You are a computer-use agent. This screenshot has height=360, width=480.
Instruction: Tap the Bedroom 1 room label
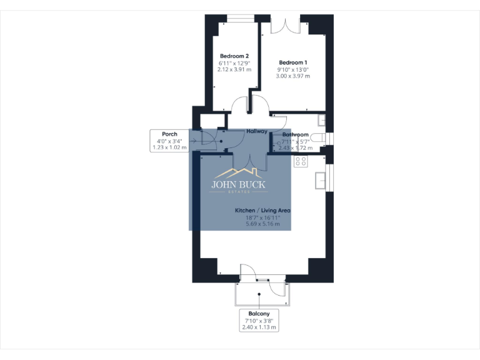293,62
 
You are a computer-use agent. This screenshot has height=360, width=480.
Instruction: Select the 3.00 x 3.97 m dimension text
293,76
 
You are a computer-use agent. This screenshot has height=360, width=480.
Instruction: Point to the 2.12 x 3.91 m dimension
234,70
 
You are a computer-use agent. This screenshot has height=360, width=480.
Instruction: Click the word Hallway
257,131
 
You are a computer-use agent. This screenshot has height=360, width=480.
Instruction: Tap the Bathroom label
295,134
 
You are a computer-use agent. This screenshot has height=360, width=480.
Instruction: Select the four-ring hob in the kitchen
300,161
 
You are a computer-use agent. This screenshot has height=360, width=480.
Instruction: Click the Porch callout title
169,134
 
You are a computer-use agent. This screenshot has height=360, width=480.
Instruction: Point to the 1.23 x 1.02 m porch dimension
169,148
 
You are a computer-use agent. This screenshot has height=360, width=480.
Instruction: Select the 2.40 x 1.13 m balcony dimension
259,327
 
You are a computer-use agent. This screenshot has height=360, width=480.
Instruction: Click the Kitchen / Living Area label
263,211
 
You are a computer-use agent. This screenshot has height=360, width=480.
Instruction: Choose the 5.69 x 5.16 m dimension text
263,224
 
